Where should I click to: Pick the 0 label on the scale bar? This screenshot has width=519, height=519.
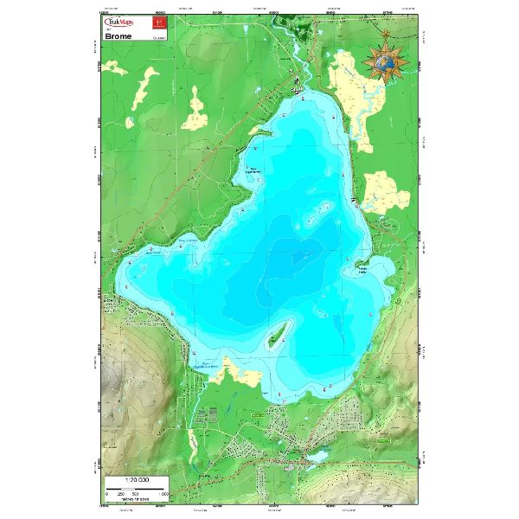tap(107, 493)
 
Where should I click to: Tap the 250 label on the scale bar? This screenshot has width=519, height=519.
tap(121, 493)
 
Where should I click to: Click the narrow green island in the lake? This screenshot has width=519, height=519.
tap(278, 333)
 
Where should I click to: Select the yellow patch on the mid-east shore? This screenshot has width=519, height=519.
tap(385, 192)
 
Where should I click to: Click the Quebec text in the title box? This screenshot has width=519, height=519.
tap(157, 38)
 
